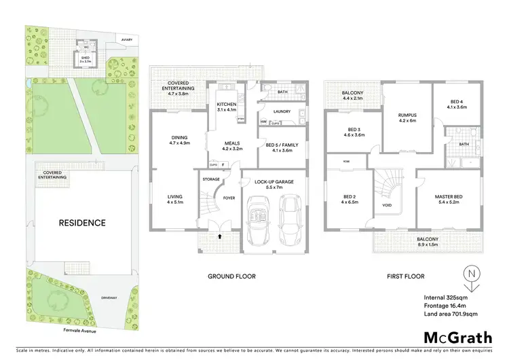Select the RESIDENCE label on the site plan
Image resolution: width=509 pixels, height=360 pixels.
coord(81,223)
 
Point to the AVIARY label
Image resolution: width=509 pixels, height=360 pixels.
coord(127,40)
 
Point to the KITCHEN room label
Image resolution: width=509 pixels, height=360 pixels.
coord(227,104)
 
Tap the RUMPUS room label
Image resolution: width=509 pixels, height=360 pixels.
coord(408,115)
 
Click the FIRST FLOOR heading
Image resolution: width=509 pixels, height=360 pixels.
coord(406,276)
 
